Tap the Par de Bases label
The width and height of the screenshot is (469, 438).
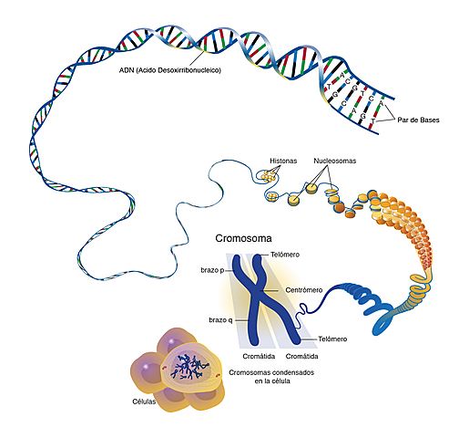421,119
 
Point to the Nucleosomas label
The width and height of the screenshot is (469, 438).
335,160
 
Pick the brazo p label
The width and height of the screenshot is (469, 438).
212,270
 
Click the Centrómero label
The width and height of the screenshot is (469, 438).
306,289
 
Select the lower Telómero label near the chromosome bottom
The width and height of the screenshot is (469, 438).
326,339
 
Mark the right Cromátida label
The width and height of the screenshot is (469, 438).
301,357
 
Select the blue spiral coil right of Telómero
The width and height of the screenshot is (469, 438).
369,301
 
